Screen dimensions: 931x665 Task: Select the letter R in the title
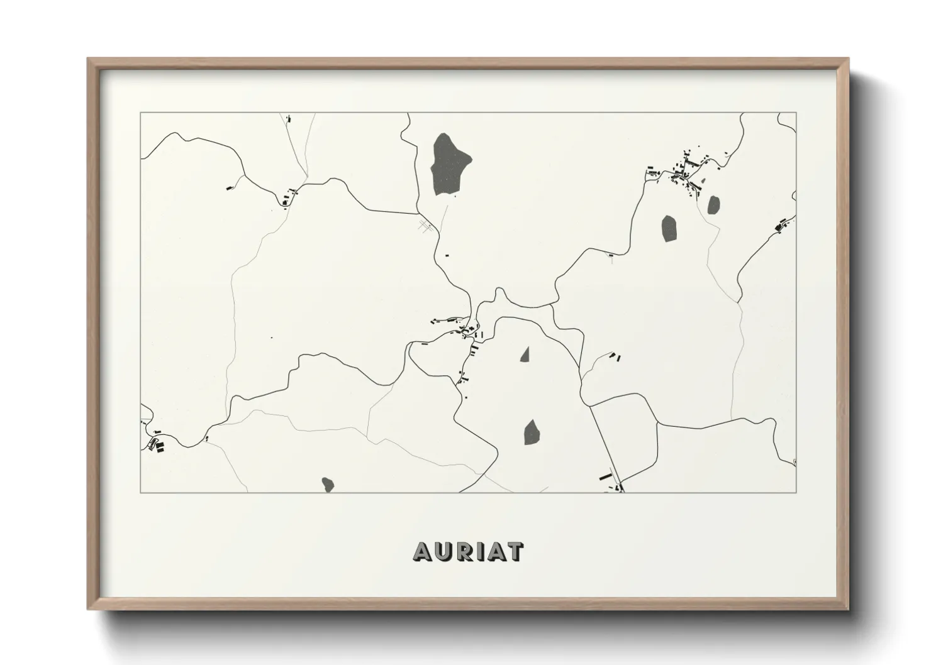point(467,551)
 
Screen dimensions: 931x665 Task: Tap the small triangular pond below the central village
point(525,355)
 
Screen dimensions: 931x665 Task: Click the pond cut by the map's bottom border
point(327,484)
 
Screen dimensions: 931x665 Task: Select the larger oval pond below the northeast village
point(669,228)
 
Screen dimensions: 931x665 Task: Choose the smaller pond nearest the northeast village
point(713,204)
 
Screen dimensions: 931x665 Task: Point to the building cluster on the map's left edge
point(155,442)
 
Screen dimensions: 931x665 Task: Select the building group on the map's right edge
point(783,225)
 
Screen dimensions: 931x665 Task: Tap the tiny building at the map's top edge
point(288,118)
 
